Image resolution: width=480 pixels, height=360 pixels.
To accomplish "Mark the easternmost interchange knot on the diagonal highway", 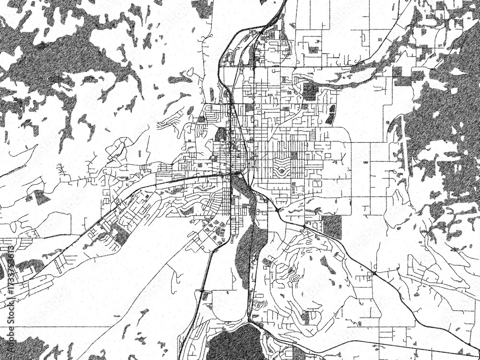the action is (x=373, y=274).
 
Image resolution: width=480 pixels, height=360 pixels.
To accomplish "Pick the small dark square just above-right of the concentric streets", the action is (x=294, y=155).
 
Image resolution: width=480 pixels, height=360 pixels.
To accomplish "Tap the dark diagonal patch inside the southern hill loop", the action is (x=328, y=264).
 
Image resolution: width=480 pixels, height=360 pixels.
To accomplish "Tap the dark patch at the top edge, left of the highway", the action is (x=202, y=7).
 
